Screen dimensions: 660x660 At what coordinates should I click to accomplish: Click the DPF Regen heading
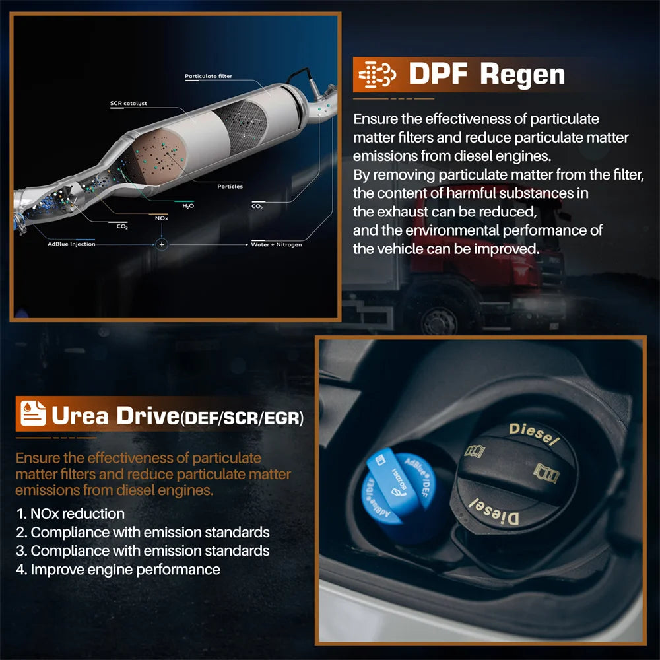click(486, 74)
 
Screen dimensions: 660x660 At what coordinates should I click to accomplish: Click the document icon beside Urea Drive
click(32, 414)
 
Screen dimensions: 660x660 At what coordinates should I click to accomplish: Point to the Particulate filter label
click(208, 77)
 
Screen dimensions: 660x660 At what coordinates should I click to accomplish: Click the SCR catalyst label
click(129, 104)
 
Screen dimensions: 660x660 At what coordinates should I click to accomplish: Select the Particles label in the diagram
click(230, 187)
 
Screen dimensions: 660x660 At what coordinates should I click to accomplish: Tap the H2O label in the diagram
click(187, 207)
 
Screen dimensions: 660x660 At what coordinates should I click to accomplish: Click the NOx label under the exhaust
click(161, 218)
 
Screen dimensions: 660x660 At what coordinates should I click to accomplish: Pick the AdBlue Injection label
click(71, 244)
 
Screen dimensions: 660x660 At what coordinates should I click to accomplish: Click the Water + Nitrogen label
click(277, 244)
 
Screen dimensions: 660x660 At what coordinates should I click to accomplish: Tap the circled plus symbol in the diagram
click(162, 244)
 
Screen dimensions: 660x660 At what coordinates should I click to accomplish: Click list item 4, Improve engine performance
click(118, 569)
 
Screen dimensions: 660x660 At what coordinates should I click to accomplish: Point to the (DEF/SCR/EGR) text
click(242, 418)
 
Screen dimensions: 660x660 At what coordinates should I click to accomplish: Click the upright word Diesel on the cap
click(533, 433)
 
